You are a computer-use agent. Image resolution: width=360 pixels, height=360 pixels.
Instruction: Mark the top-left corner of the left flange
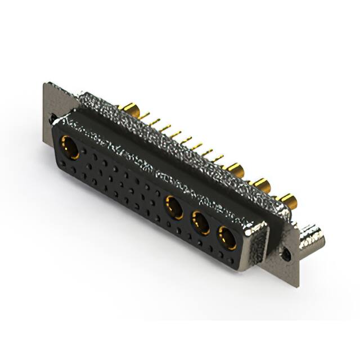[x=46, y=85]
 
